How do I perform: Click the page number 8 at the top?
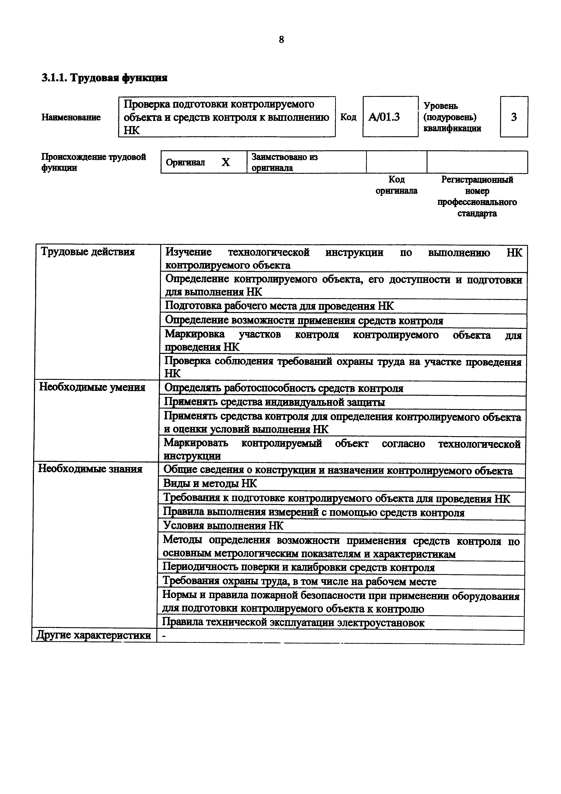click(x=281, y=40)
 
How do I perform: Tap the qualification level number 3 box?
click(x=514, y=117)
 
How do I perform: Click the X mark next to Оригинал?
click(x=225, y=162)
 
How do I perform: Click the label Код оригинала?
click(x=396, y=185)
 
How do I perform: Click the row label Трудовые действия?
click(x=88, y=252)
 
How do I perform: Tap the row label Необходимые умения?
click(x=92, y=387)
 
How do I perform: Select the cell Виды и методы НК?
click(x=210, y=483)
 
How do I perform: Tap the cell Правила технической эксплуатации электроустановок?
click(x=293, y=622)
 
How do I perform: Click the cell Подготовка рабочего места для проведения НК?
click(x=279, y=306)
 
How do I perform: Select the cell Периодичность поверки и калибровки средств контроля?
click(x=298, y=567)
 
